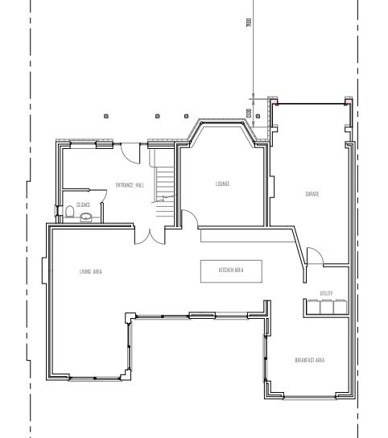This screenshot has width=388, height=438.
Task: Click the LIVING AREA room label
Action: pos(90,271)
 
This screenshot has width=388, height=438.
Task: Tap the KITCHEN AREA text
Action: pos(231,271)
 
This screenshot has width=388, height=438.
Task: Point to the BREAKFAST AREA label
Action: pos(309,360)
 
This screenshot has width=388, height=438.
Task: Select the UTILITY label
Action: pos(326,293)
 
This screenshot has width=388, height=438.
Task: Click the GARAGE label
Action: pos(312,194)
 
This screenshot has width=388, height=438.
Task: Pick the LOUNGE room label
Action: pos(222,184)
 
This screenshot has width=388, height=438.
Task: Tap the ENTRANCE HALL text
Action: pos(130,185)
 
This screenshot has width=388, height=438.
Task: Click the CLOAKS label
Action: pos(83,205)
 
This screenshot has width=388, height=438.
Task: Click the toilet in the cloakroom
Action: pos(70,213)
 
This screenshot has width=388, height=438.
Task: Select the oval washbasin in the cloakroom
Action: pos(86,217)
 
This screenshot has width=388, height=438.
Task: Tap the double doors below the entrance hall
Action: pos(147,234)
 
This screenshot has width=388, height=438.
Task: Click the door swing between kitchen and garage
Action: pos(315,257)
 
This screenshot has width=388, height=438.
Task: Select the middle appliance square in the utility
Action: pos(326,307)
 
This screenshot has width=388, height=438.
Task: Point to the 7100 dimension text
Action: pos(250,23)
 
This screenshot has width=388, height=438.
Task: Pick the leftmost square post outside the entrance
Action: pos(106,117)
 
